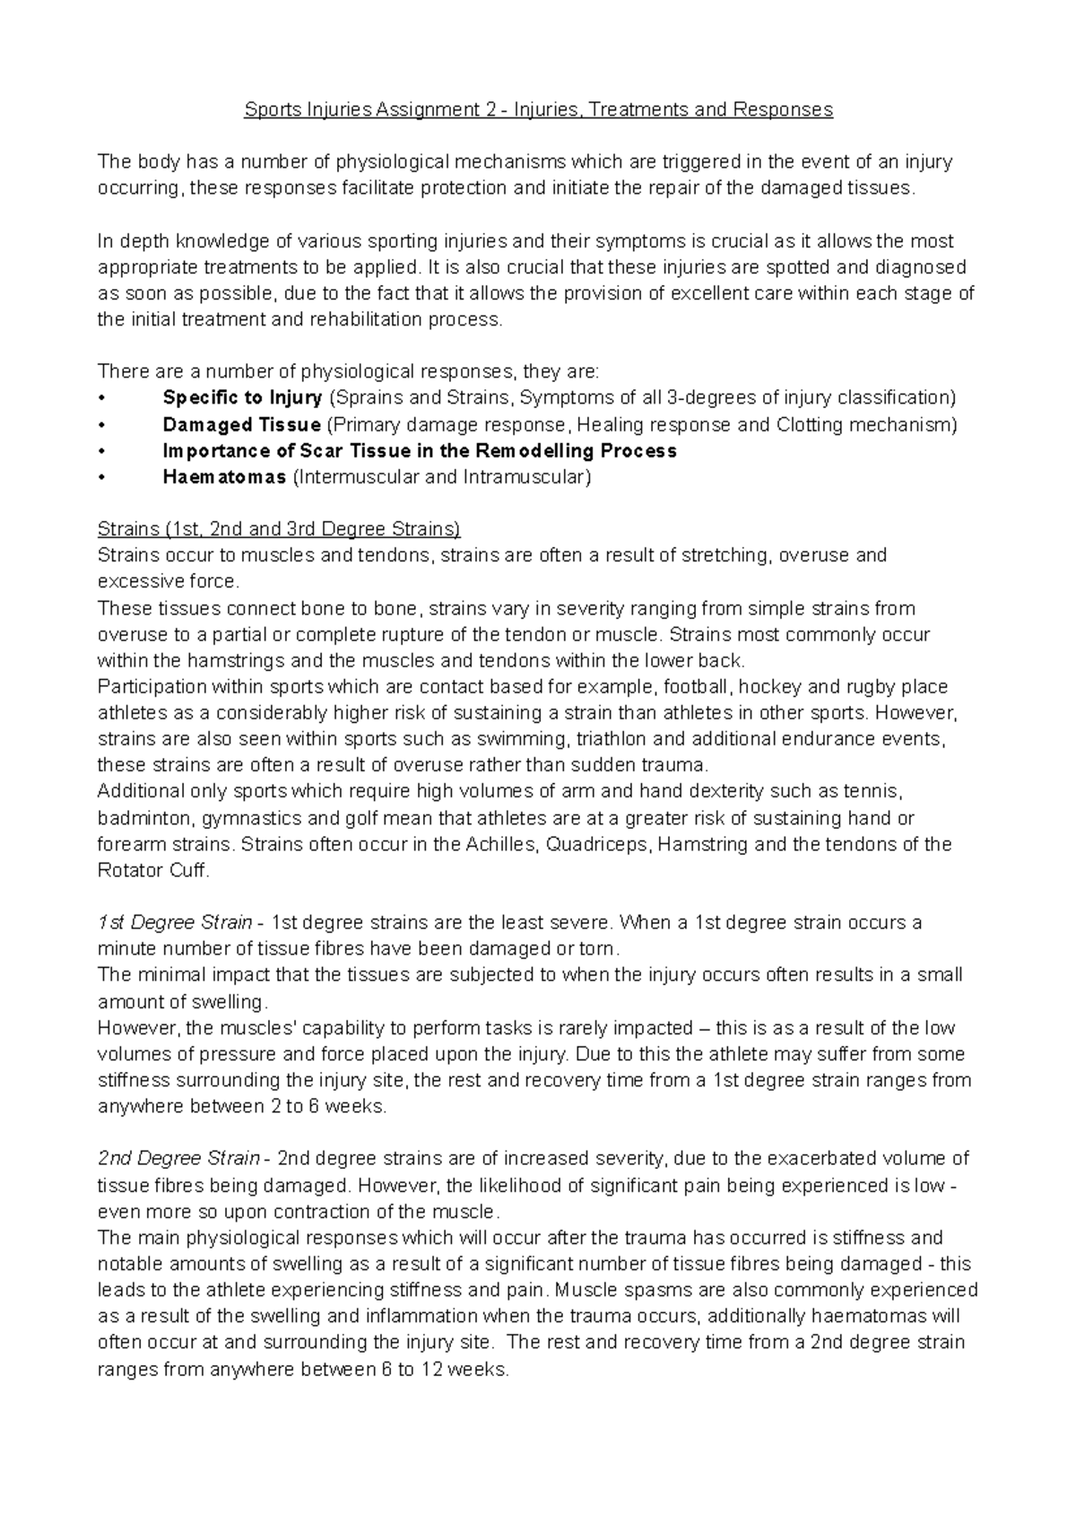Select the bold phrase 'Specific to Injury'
tap(242, 397)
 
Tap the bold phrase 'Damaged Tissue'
tap(241, 424)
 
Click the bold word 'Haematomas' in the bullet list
tap(224, 477)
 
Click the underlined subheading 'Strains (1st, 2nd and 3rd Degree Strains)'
tap(279, 529)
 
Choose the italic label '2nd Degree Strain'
tap(178, 1159)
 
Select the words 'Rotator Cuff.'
tap(152, 871)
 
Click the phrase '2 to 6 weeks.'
tap(327, 1107)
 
